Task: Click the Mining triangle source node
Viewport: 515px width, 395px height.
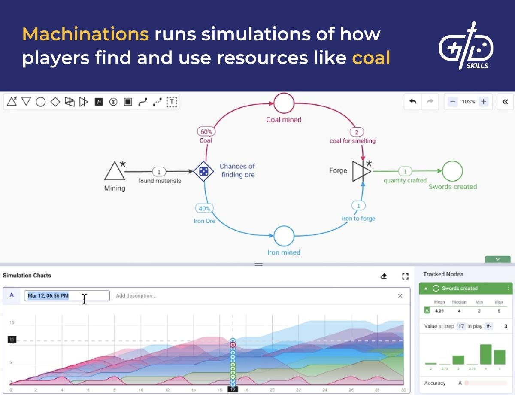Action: [x=114, y=171]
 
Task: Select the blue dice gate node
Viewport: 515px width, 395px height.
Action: [x=203, y=172]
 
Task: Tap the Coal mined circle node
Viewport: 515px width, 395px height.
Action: [x=284, y=103]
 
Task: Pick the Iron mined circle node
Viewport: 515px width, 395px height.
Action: [x=284, y=236]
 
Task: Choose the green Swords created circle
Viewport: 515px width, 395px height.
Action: [x=453, y=171]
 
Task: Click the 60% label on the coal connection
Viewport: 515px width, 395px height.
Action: [x=206, y=132]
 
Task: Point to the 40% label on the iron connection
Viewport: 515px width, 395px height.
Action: [x=204, y=209]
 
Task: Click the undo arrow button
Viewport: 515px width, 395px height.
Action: [x=413, y=102]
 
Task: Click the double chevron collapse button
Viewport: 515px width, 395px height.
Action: [x=505, y=102]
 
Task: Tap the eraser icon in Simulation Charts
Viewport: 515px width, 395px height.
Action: [x=384, y=276]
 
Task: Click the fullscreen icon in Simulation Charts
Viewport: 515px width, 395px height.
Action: [x=405, y=276]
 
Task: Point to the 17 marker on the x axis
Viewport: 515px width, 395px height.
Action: [x=233, y=389]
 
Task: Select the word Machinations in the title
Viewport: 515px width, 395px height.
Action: [x=85, y=34]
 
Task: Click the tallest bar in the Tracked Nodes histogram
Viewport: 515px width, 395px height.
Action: [x=485, y=354]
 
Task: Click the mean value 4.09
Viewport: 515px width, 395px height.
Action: [x=439, y=310]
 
